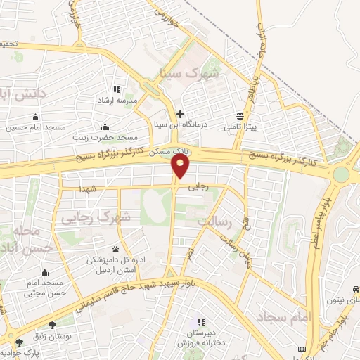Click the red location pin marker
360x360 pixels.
pos(181,166)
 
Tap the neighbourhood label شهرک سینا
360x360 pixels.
pos(197,72)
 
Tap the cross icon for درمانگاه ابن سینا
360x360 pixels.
pos(181,114)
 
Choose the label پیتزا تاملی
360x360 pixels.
pos(242,127)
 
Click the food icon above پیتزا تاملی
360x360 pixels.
pos(241,116)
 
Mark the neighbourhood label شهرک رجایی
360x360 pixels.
pos(105,218)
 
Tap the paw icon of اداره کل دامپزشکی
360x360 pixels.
pos(116,248)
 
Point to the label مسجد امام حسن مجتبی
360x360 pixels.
pos(44,287)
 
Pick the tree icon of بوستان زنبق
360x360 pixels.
pos(52,325)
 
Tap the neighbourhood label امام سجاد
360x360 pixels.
pos(288,317)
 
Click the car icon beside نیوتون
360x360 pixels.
pos(356,289)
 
